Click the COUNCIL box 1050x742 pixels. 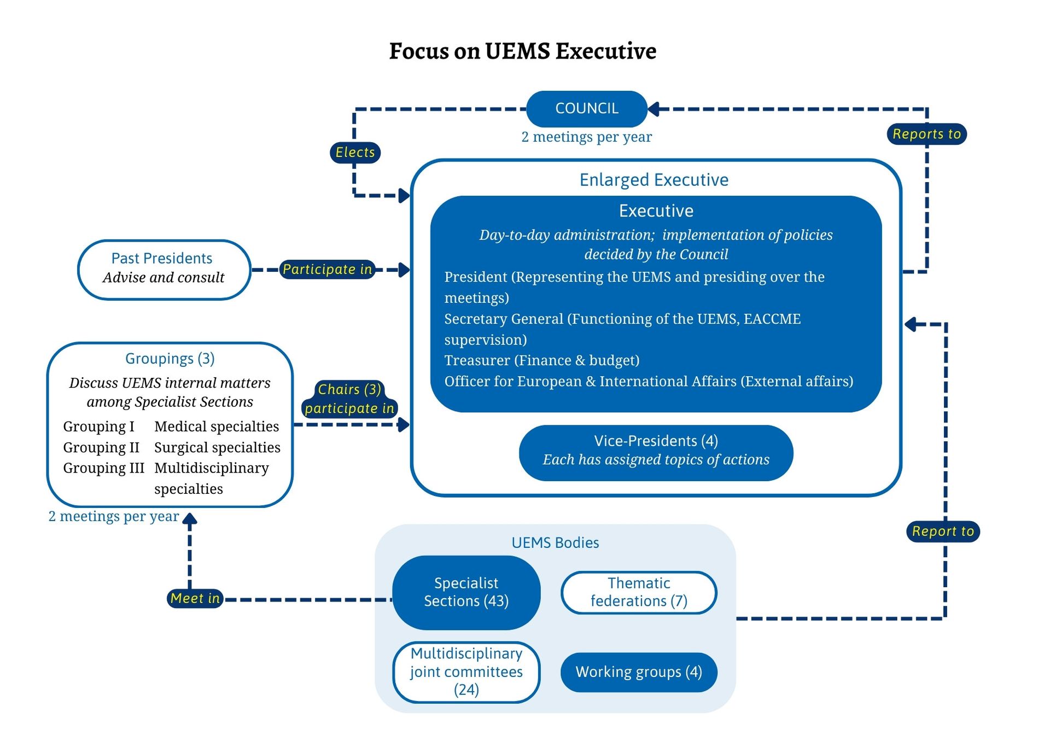pos(586,109)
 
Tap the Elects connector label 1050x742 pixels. pos(355,152)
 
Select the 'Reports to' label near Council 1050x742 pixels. pos(926,134)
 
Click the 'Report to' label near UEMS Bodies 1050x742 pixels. pos(943,531)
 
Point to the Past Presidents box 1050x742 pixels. pos(164,270)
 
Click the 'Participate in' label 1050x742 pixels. pos(327,269)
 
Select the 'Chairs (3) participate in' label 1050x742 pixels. pos(349,399)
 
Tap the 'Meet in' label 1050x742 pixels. pos(195,598)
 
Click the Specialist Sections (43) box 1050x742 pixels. pos(466,592)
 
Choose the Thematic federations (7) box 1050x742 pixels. pos(638,592)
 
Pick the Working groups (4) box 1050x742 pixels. pos(638,672)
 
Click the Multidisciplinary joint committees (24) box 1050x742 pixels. pos(466,672)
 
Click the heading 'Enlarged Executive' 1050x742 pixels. pos(654,180)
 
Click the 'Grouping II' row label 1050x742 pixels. pos(101,447)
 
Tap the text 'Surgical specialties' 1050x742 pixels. pos(217,447)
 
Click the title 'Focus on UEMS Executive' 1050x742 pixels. pos(522,51)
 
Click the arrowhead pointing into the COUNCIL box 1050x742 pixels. pos(654,109)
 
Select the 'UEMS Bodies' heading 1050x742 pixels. pos(555,542)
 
